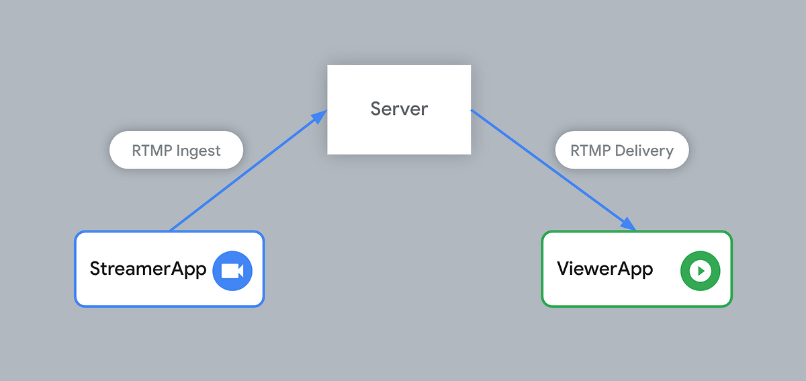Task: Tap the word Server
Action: pyautogui.click(x=399, y=109)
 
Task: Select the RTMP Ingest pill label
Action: pyautogui.click(x=176, y=150)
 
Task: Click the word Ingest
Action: pyautogui.click(x=198, y=151)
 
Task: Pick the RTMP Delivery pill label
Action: pyautogui.click(x=622, y=150)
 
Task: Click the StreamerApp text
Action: pyautogui.click(x=148, y=270)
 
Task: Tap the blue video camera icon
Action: pyautogui.click(x=232, y=270)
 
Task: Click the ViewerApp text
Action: pyautogui.click(x=604, y=269)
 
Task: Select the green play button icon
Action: pyautogui.click(x=700, y=270)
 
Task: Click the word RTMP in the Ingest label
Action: pyautogui.click(x=146, y=151)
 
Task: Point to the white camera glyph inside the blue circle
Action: pyautogui.click(x=232, y=270)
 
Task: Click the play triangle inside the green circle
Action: pyautogui.click(x=701, y=270)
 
